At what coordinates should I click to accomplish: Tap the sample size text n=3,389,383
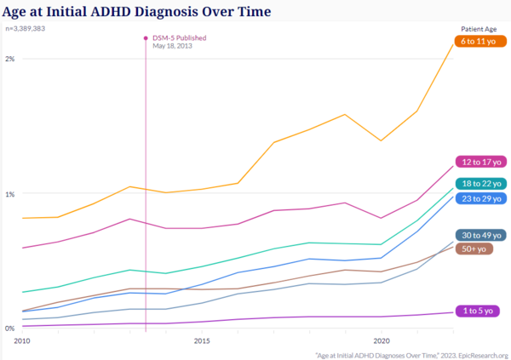(26, 28)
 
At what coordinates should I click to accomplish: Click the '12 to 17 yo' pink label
(480, 162)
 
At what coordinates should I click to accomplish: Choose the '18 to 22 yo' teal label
(480, 184)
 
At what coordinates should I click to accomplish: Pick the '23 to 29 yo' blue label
(480, 198)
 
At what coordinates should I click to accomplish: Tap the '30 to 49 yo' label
(480, 235)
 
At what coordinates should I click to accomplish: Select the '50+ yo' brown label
(474, 249)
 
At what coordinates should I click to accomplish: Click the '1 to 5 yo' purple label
(477, 311)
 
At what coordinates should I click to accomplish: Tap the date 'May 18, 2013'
(174, 46)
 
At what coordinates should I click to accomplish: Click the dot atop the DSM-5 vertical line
(146, 37)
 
